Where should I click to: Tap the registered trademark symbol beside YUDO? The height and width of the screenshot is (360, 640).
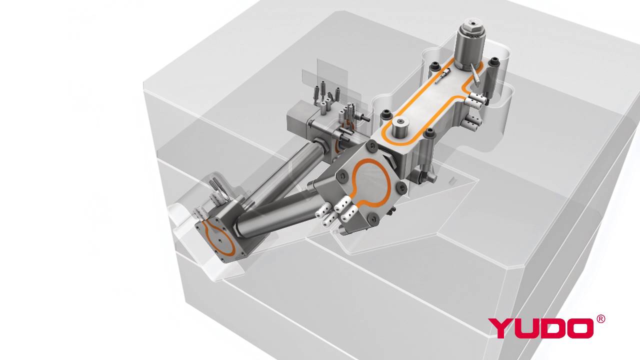600,319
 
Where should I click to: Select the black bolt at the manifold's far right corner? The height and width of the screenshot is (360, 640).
495,61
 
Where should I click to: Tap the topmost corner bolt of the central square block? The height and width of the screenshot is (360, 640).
372,144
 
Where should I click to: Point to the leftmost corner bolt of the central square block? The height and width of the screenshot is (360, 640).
343,176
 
